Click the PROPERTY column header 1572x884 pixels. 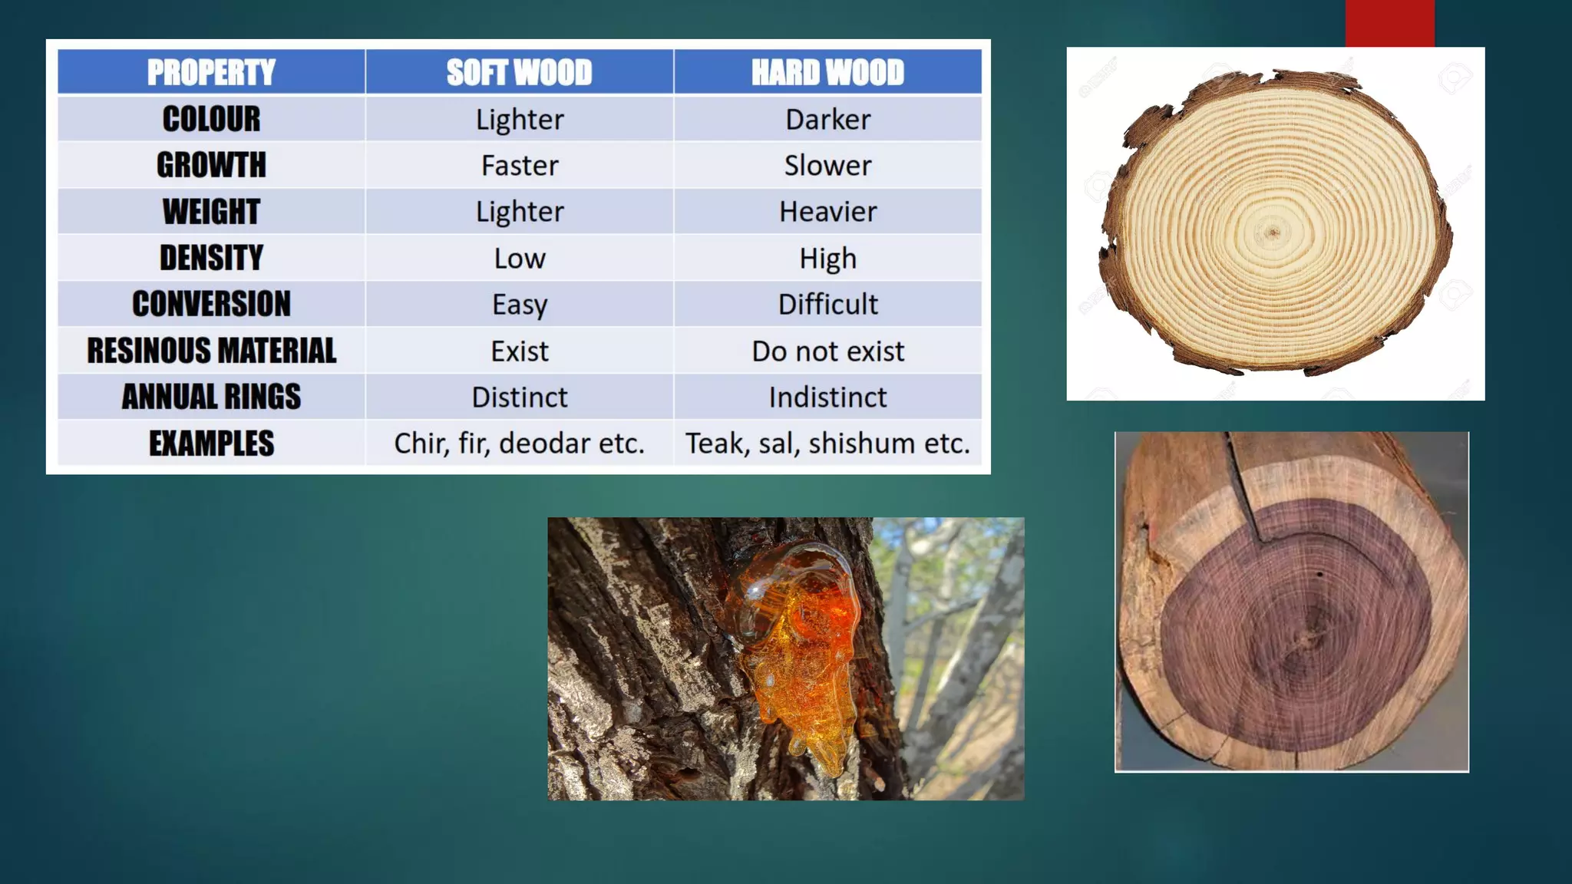(211, 72)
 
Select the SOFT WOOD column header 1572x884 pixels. (520, 72)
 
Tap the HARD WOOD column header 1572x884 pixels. (827, 72)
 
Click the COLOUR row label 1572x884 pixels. (211, 119)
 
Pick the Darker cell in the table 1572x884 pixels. (827, 119)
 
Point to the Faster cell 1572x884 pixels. (520, 165)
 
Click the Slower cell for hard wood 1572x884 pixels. (827, 165)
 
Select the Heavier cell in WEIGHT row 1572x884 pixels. (827, 212)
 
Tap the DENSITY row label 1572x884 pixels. (211, 258)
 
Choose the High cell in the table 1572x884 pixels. (827, 258)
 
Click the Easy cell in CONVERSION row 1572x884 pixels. (520, 304)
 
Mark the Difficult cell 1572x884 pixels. (827, 304)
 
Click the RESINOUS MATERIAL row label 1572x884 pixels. (211, 351)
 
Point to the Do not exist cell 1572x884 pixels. (827, 351)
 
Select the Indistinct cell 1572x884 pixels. (827, 397)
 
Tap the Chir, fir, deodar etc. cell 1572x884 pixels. (520, 443)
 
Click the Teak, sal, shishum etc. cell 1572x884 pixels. (827, 443)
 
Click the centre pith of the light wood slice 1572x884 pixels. (1273, 232)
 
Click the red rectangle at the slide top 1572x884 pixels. (1389, 23)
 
